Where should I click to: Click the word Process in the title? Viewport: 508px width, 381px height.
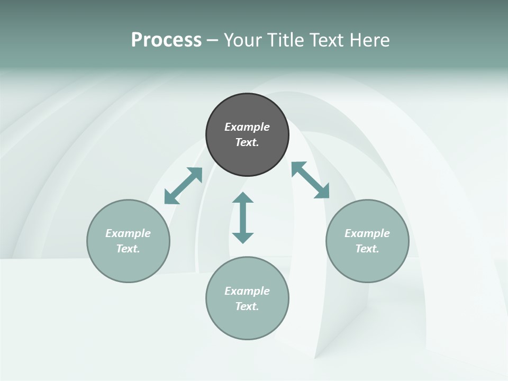pos(166,40)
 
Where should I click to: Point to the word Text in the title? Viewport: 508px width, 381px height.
pos(326,40)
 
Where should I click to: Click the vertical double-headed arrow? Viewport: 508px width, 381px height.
pos(243,217)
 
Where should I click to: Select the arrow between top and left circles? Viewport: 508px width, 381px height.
pos(183,186)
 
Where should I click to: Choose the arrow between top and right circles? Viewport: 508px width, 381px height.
pos(310,180)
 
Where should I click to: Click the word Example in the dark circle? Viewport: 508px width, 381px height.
pos(247,127)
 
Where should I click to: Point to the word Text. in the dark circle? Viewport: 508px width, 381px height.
pos(247,142)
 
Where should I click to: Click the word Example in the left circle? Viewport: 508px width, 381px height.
pos(128,233)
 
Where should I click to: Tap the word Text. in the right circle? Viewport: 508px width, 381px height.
pos(367,249)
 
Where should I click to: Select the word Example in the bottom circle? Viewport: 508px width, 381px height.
pos(247,291)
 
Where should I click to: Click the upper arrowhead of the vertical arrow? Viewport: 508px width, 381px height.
pos(243,198)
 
